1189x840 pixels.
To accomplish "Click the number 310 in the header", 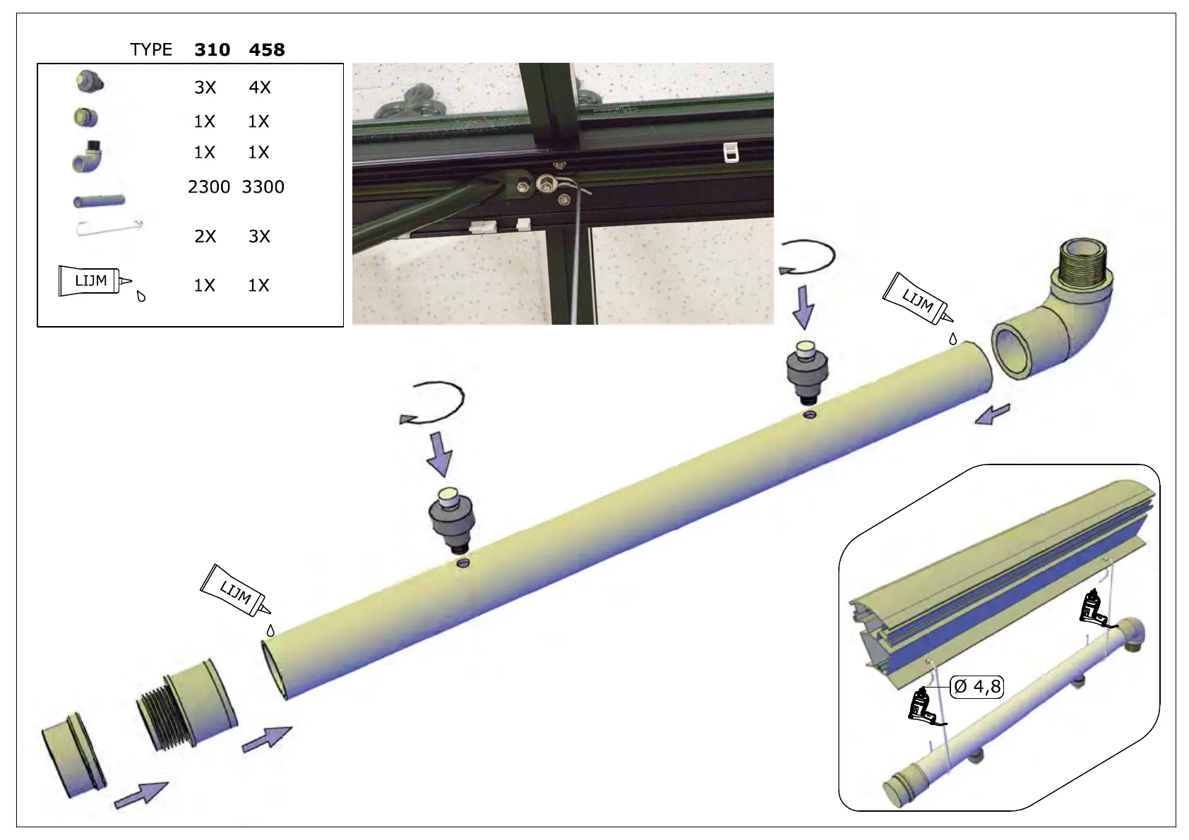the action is [x=212, y=50].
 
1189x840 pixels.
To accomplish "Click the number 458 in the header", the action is [x=267, y=50].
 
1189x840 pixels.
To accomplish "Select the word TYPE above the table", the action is [x=151, y=50].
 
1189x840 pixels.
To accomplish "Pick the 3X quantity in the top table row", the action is [x=205, y=88].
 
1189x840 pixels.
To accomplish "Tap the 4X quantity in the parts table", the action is [x=260, y=88].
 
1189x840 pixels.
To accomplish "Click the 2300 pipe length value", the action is [x=209, y=187].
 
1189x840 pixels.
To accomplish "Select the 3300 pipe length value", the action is [x=263, y=187].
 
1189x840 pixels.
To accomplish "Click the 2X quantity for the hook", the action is [x=205, y=236].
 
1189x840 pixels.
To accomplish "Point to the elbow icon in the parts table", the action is [x=88, y=156].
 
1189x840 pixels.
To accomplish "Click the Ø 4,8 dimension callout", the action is [x=977, y=686].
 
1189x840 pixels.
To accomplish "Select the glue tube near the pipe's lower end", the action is [x=235, y=591].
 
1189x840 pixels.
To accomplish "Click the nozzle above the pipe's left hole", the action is [x=453, y=520].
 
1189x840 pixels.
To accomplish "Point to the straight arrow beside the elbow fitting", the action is [x=993, y=414].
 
